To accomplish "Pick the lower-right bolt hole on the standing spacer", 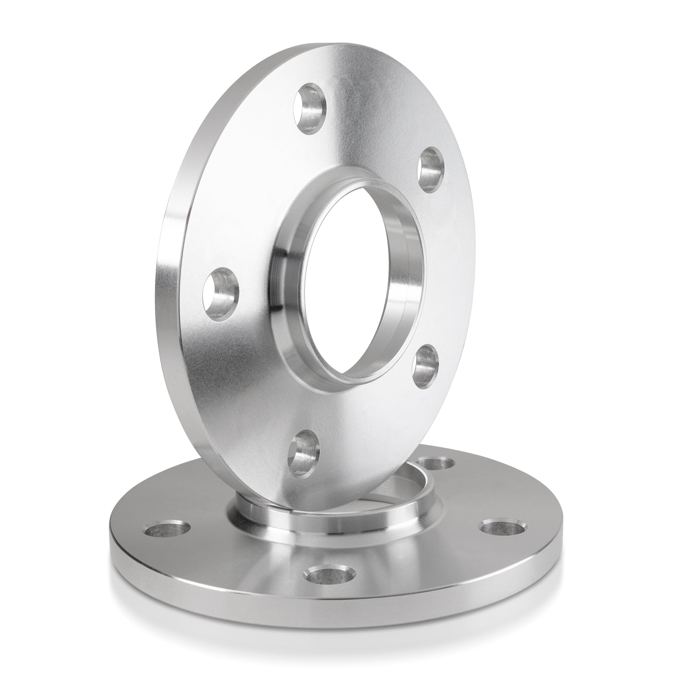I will (x=426, y=367).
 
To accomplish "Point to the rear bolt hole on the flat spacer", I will (x=436, y=463).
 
